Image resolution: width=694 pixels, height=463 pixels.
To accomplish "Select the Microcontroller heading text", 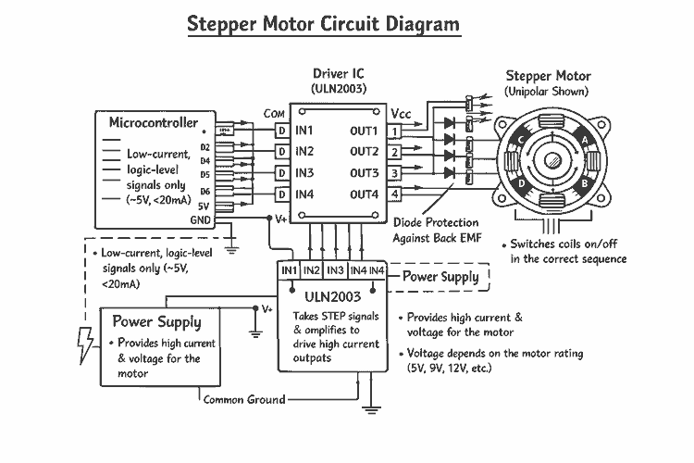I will click(x=153, y=122).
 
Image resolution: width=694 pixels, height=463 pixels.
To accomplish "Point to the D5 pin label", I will click(x=204, y=174).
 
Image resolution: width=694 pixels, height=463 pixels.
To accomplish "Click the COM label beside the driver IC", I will click(x=274, y=113).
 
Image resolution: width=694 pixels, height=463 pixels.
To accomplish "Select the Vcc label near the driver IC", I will click(x=401, y=113).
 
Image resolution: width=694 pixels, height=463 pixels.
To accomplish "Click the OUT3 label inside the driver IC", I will click(x=364, y=173).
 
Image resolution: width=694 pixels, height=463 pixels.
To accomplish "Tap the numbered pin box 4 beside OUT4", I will click(x=395, y=194).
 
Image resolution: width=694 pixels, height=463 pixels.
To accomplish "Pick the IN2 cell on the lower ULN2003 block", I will click(x=312, y=269).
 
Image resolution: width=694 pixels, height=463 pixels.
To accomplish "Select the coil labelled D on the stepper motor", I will click(x=523, y=181).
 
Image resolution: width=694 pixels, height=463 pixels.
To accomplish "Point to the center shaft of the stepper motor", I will click(x=553, y=160).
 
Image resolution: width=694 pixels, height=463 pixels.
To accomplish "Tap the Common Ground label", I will click(x=242, y=399).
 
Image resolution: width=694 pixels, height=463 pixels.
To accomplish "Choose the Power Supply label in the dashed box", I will click(x=440, y=276).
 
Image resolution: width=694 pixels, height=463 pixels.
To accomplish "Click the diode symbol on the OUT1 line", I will click(x=451, y=121).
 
